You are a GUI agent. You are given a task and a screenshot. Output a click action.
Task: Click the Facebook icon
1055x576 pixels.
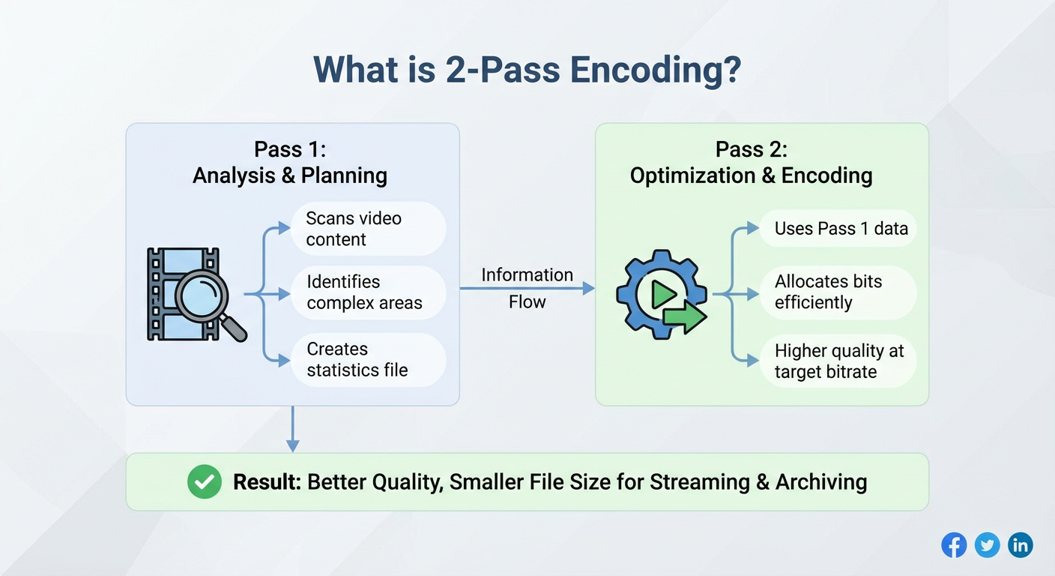954,545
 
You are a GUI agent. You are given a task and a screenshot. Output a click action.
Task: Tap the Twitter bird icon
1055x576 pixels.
987,545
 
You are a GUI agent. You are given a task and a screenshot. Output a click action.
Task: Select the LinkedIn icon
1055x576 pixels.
1021,545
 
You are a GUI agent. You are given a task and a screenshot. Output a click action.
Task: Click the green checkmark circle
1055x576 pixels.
205,481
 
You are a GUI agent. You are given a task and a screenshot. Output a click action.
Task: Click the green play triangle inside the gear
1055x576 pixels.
663,295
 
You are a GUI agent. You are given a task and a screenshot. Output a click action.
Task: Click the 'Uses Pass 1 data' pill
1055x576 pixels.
838,229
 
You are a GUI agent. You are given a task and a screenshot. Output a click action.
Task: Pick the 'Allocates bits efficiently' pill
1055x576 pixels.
838,292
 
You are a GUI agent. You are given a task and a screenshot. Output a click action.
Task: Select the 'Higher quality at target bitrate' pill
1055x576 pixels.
838,361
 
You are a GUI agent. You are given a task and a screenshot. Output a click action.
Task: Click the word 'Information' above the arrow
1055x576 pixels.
527,274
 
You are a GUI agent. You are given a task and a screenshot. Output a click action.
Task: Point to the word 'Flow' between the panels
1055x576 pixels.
527,302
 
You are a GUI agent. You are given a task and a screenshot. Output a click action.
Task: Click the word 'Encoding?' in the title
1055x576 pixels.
656,70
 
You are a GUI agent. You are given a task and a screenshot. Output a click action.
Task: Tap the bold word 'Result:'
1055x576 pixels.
267,482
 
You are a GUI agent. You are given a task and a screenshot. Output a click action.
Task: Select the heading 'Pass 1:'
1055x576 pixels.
290,149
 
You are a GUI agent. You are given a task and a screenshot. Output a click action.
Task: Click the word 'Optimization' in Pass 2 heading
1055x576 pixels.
692,176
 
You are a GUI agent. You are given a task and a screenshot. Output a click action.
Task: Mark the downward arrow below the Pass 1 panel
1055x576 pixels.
292,429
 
